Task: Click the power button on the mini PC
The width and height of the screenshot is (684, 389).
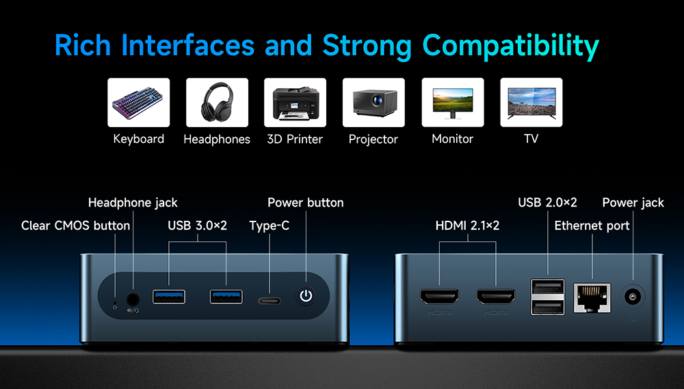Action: point(306,296)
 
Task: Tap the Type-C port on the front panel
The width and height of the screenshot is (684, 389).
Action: point(269,300)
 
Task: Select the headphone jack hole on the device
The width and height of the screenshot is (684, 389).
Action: point(133,298)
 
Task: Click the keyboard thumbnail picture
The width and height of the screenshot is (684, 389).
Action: point(139,103)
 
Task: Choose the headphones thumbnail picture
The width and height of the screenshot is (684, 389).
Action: point(217,103)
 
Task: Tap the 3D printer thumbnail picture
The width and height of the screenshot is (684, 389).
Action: point(295,103)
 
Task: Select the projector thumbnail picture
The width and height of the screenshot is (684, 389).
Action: point(373,103)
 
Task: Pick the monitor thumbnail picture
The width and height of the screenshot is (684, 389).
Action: point(452,103)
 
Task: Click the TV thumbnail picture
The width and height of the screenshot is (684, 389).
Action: point(531,103)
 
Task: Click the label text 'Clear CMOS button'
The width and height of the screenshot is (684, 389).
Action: point(75,226)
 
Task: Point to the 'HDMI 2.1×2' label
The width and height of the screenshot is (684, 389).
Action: point(468,226)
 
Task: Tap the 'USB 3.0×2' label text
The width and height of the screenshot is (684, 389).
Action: point(197,226)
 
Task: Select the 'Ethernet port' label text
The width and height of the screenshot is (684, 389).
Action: point(592,226)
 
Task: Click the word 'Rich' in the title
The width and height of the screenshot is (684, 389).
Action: point(83,46)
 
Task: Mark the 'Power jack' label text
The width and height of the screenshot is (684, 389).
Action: point(633,203)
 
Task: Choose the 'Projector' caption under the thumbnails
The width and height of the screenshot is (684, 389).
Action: point(373,139)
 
